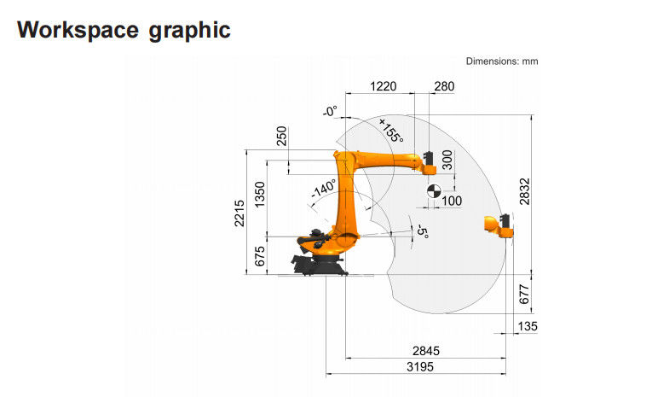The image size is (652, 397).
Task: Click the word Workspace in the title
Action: (x=78, y=30)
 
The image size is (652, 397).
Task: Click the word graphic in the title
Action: (x=189, y=31)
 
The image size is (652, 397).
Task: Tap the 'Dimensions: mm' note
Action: (x=502, y=61)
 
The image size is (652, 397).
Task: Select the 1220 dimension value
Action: (x=383, y=86)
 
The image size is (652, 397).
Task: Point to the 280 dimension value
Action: (x=444, y=86)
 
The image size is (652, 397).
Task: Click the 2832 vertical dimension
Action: (x=525, y=191)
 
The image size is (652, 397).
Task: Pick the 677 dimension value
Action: (x=524, y=294)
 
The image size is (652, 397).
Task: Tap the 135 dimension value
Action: (x=528, y=326)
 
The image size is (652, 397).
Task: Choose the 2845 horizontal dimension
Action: (x=426, y=351)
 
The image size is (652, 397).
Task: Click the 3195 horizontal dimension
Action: (x=420, y=367)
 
